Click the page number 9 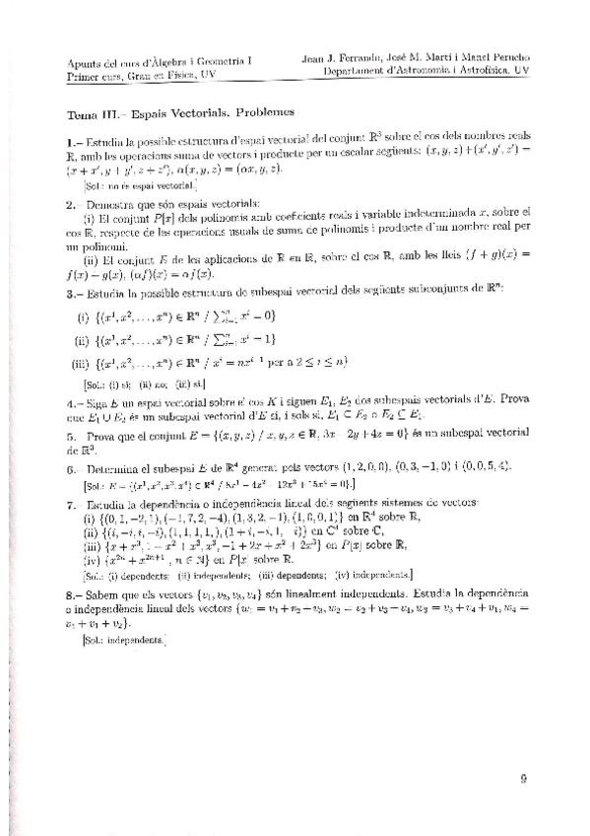click(524, 776)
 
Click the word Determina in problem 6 click(114, 468)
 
